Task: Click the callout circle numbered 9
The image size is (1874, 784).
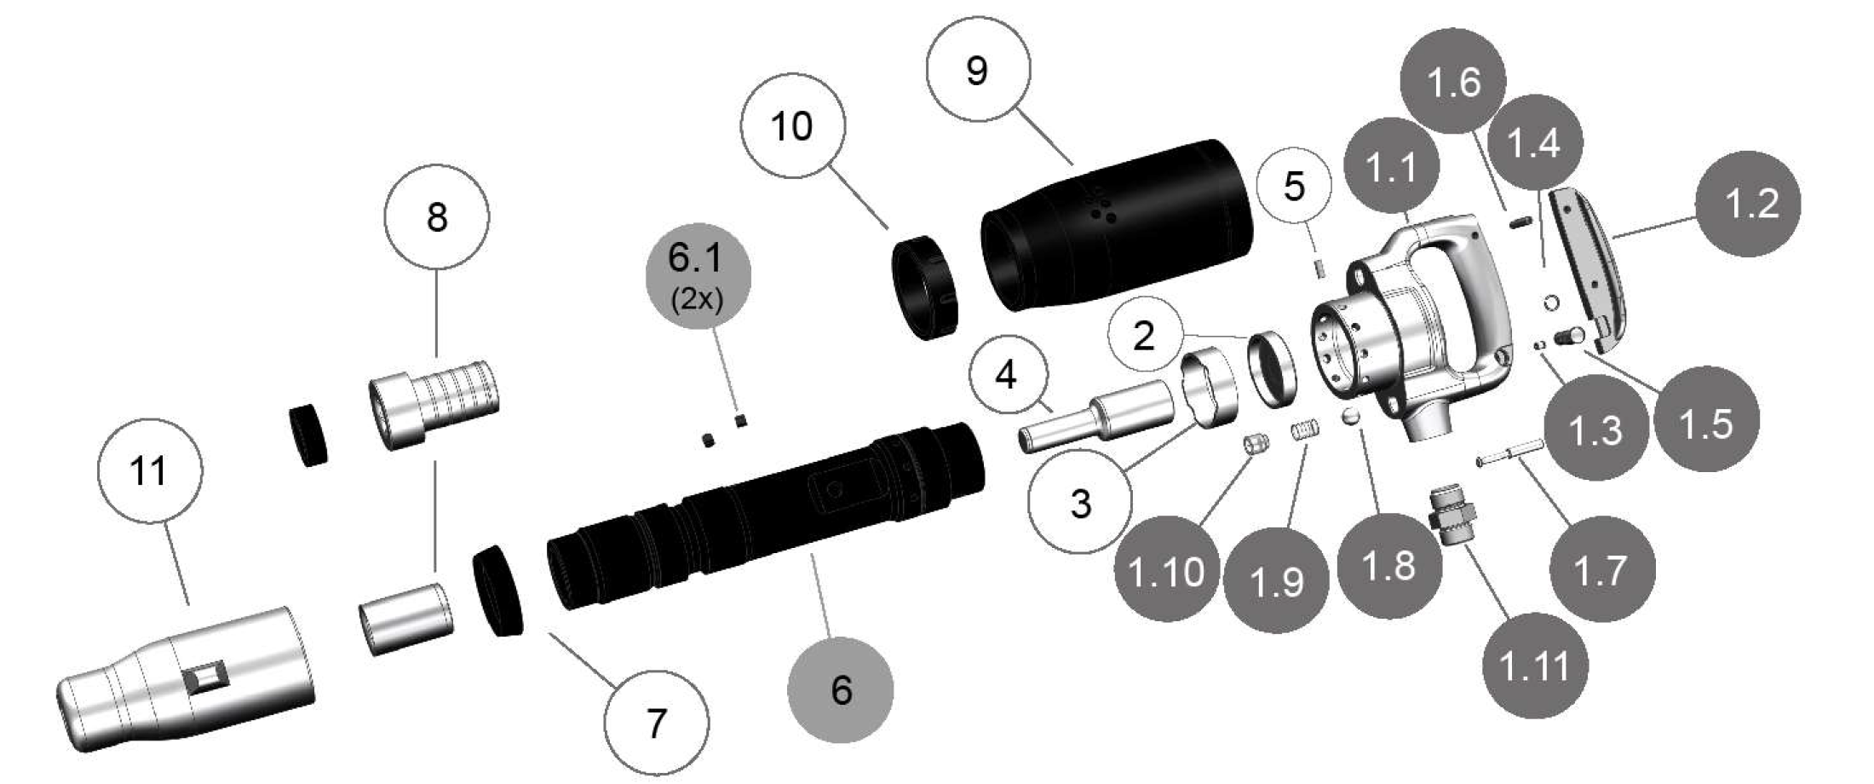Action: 978,69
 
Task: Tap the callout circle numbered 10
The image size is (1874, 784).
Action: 792,125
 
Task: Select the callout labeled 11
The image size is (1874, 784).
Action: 150,470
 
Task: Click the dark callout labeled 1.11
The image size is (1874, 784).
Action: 1536,665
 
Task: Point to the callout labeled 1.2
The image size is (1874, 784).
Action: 1748,204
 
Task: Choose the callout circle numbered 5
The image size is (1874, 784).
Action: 1294,185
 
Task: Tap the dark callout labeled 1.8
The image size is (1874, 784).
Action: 1389,565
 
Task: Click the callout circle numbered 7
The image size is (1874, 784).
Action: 656,723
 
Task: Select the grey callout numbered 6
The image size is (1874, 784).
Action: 842,689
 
